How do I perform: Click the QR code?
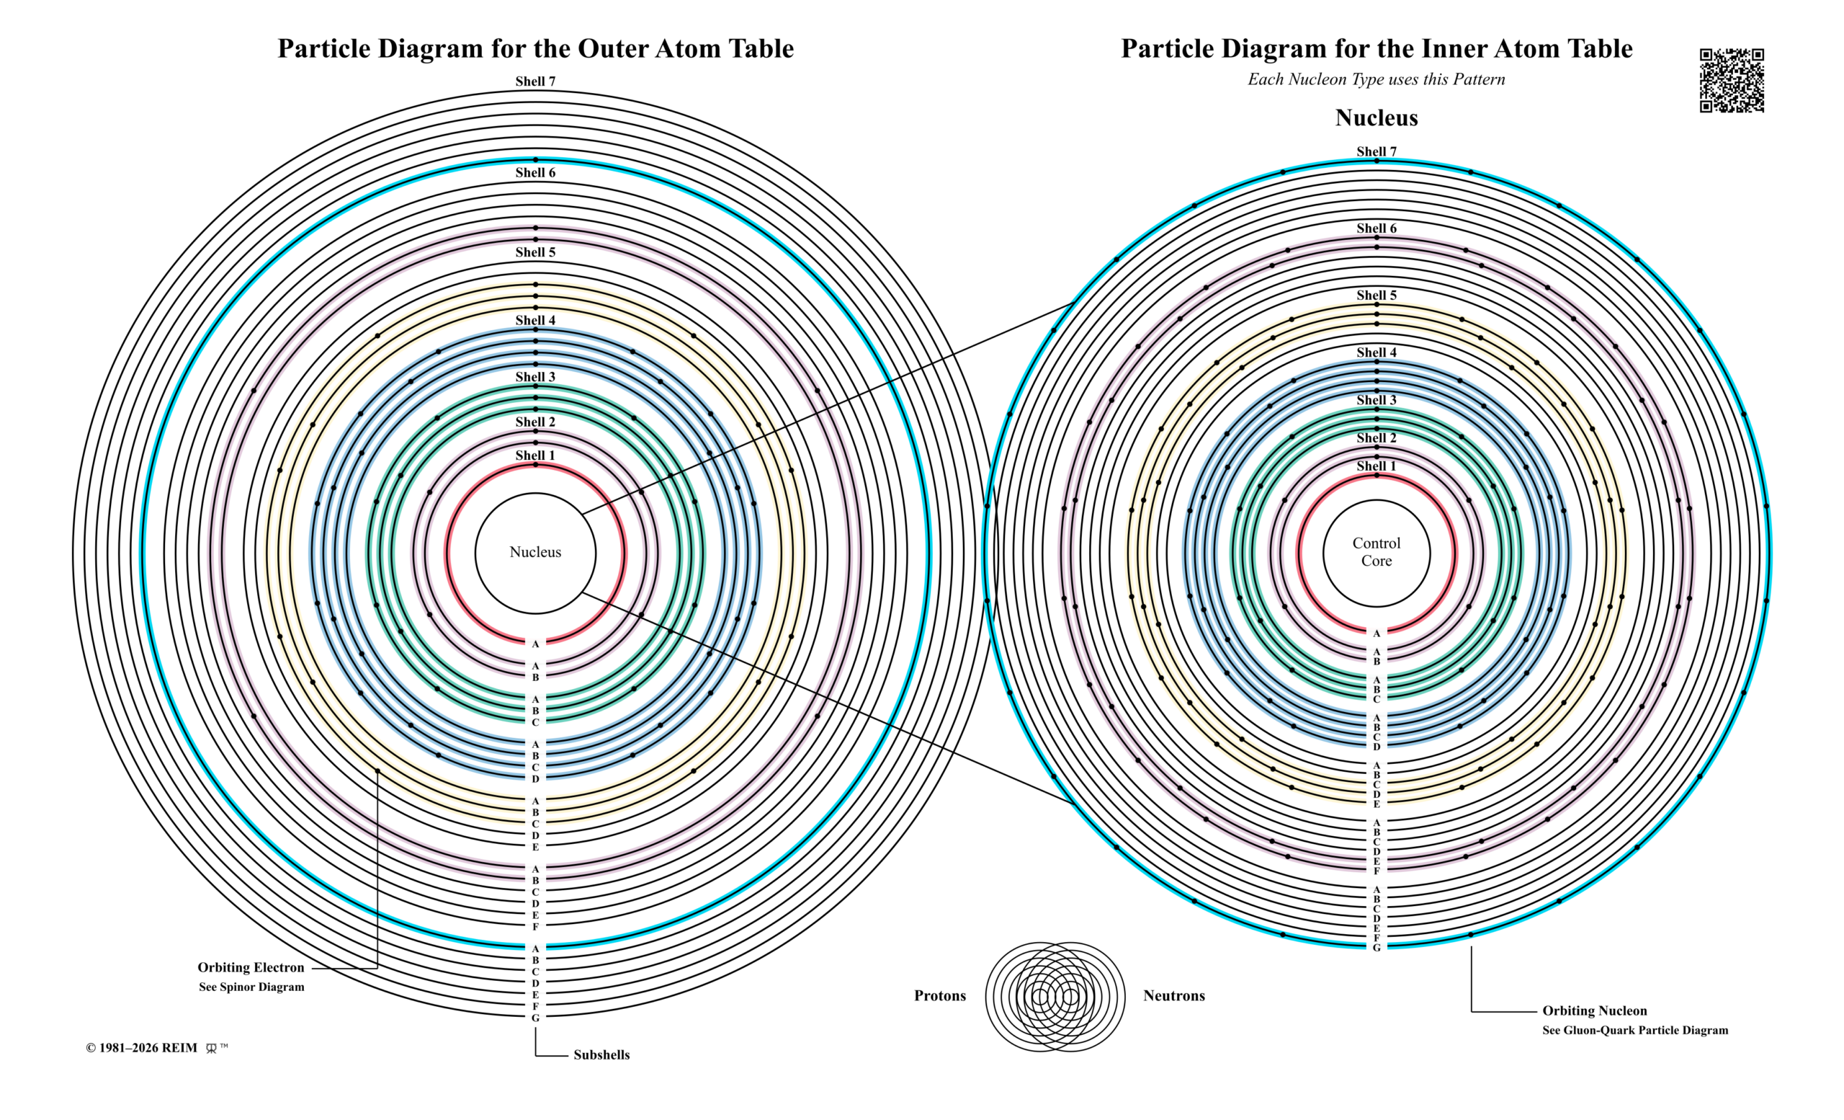(x=1732, y=81)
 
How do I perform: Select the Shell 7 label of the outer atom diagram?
(x=535, y=81)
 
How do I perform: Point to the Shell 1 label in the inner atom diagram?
(x=1377, y=466)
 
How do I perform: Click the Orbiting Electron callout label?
(x=251, y=967)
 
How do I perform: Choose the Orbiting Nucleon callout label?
(x=1595, y=1010)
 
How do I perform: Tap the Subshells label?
(x=601, y=1055)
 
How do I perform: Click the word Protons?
(x=940, y=996)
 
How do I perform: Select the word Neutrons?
(x=1174, y=996)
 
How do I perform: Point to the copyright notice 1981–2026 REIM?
(x=141, y=1048)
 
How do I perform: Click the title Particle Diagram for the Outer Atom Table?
(x=536, y=49)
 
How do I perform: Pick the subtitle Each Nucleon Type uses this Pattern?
(x=1377, y=79)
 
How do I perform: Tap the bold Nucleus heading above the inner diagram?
(x=1377, y=117)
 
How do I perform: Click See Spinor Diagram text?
(x=251, y=987)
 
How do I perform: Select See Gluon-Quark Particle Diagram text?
(x=1635, y=1030)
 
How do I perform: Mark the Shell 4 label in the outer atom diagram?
(x=535, y=321)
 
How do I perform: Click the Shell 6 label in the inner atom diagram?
(x=1377, y=228)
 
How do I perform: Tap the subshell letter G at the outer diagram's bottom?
(x=535, y=1018)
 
